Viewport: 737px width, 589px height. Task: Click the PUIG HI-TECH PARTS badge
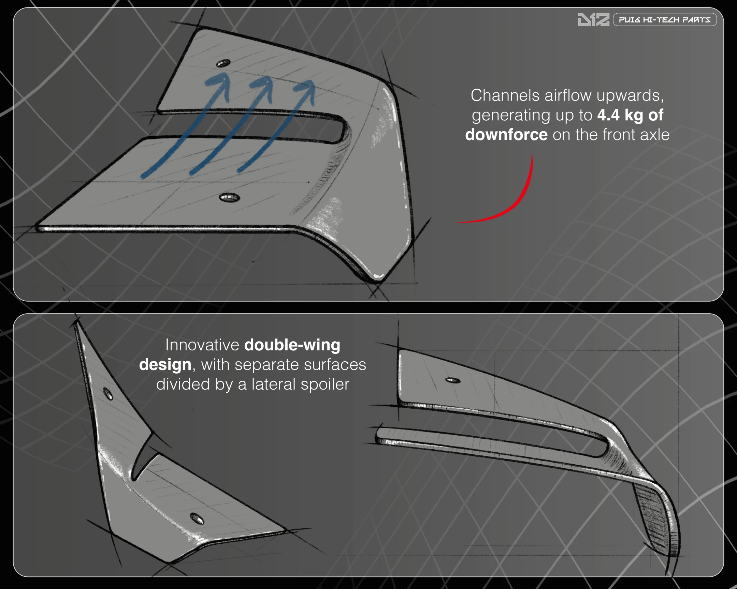click(x=665, y=19)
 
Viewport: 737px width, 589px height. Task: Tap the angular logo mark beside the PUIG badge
click(x=593, y=19)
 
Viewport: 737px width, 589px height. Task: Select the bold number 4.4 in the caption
click(x=608, y=115)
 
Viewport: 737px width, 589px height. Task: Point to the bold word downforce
click(x=506, y=135)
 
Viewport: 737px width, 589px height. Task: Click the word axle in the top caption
click(x=655, y=135)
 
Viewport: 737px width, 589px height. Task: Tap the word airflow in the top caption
click(x=568, y=95)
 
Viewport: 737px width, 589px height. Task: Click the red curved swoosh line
click(x=513, y=201)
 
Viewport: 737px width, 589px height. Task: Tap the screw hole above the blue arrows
click(x=223, y=63)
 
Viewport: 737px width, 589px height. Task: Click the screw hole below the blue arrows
click(x=229, y=197)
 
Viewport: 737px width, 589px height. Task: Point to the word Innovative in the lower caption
click(x=202, y=345)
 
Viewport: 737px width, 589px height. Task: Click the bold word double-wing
click(x=292, y=345)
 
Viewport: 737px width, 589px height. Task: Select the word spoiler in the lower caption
click(x=325, y=384)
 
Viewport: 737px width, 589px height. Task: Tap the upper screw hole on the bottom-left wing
click(x=108, y=394)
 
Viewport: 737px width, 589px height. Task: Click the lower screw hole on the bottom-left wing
click(x=197, y=519)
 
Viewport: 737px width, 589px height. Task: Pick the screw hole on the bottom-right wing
click(x=452, y=380)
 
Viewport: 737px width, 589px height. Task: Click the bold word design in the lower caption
click(x=165, y=365)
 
